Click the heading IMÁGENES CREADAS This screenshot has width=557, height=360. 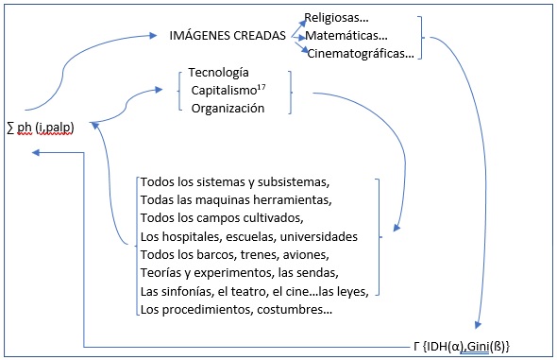click(228, 35)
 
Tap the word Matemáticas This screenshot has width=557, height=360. click(343, 36)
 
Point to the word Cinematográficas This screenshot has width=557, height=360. click(356, 54)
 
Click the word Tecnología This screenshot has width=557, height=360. click(218, 73)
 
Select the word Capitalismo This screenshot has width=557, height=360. click(224, 91)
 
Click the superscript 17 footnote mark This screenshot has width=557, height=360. click(262, 87)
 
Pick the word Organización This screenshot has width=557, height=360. click(228, 109)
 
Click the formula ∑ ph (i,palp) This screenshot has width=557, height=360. click(41, 128)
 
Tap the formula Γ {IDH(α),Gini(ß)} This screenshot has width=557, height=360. click(462, 346)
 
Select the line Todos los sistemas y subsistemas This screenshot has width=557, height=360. click(234, 182)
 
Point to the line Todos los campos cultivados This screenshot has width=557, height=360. click(221, 218)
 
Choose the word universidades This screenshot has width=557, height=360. click(319, 236)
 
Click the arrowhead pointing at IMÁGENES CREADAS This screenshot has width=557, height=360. click(154, 35)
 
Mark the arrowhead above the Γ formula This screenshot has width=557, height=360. click(478, 325)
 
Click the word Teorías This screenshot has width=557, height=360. click(161, 273)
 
